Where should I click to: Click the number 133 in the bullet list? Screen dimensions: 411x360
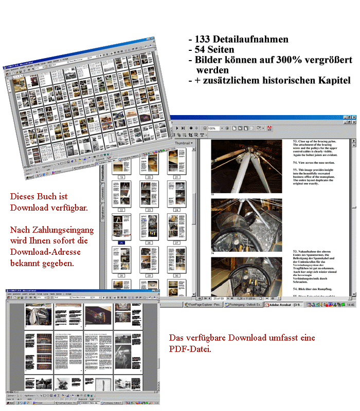[x=204, y=39]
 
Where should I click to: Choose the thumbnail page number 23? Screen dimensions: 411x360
[x=148, y=210]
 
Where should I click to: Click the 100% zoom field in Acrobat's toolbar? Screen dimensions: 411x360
[x=212, y=128]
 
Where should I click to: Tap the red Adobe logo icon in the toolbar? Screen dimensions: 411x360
[x=269, y=128]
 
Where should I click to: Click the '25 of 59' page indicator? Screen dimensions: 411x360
[x=219, y=298]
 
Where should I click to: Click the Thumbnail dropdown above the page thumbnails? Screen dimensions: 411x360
[x=183, y=143]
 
